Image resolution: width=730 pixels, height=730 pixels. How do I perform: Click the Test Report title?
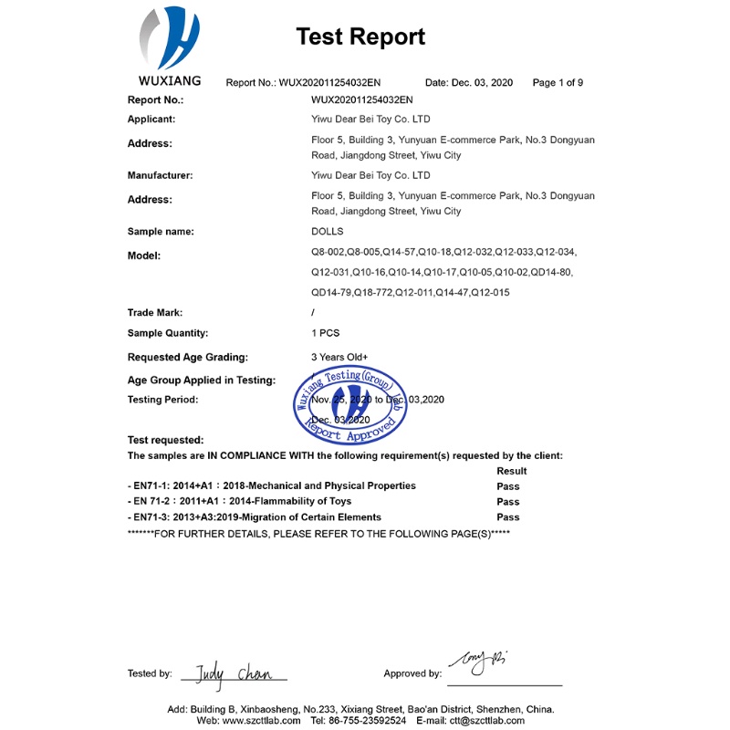(x=360, y=36)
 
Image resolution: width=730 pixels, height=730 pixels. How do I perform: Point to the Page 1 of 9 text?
(x=558, y=83)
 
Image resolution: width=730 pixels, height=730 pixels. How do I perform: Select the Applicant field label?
(x=151, y=120)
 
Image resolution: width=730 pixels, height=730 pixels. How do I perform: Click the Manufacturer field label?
(x=160, y=175)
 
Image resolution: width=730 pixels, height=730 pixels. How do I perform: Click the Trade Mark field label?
(x=155, y=313)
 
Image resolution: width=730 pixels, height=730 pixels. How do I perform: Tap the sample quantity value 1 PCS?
(x=326, y=333)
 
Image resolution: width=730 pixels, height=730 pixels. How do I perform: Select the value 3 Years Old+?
(x=339, y=358)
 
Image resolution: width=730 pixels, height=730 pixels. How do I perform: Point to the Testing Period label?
(x=163, y=400)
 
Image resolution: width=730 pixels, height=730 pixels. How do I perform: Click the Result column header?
(x=511, y=471)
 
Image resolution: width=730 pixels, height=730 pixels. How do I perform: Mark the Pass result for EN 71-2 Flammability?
(x=507, y=502)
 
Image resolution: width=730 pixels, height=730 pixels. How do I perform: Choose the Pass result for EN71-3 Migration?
(x=507, y=517)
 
